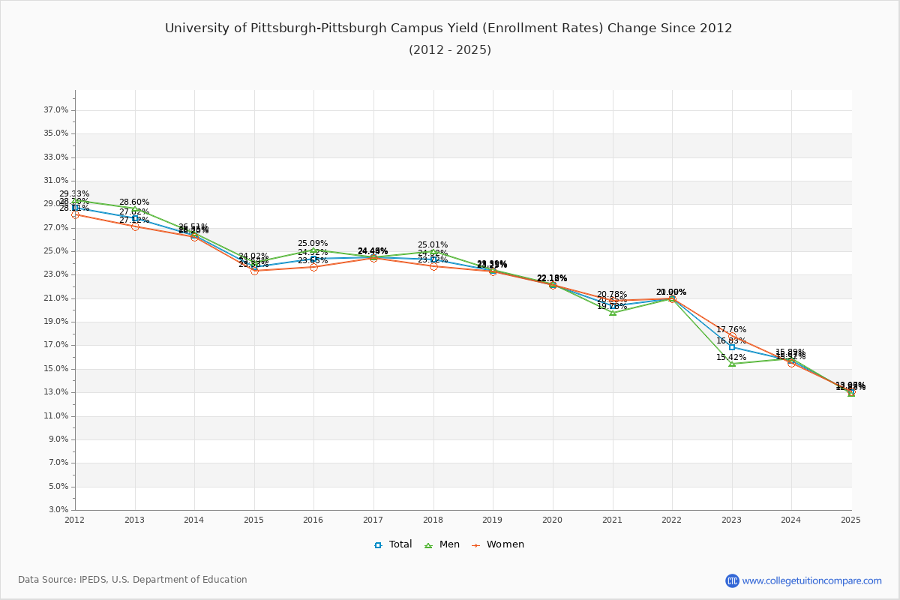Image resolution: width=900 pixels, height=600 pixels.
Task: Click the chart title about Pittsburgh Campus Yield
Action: pos(448,28)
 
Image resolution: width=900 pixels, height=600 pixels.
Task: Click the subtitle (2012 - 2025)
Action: pos(450,50)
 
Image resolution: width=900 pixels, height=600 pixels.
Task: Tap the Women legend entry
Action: pos(497,544)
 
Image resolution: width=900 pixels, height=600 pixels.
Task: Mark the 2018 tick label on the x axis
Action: pos(433,520)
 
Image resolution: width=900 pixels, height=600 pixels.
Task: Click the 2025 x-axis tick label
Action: pos(850,520)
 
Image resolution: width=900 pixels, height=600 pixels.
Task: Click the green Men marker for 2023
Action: pos(732,364)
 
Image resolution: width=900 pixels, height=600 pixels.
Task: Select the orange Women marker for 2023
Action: pos(732,336)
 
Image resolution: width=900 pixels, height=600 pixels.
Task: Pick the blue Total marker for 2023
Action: pos(732,347)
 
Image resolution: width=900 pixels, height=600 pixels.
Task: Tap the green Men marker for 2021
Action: pos(613,312)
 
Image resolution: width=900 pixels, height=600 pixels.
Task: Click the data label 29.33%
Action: pos(74,194)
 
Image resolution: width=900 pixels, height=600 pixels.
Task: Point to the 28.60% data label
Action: pos(134,202)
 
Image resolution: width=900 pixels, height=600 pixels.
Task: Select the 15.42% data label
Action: pos(731,358)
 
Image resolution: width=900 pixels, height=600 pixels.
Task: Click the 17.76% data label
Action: pos(731,330)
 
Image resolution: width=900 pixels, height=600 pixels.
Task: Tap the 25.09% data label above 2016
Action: pos(313,244)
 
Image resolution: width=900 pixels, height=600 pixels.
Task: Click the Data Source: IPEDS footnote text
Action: pos(133,580)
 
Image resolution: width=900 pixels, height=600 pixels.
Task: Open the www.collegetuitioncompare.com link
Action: pos(811,580)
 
